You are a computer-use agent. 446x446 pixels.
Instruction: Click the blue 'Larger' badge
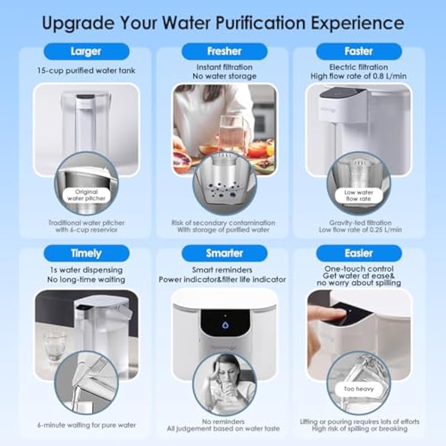[86, 51]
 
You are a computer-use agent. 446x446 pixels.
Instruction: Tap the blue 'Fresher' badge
[225, 51]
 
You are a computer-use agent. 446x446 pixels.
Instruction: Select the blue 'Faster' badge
[359, 51]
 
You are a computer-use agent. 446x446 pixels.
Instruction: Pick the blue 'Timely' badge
[86, 253]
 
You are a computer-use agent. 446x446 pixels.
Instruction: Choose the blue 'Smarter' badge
[225, 253]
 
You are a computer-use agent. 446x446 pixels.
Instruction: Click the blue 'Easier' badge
[359, 253]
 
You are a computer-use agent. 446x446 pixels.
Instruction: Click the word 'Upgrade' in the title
[78, 23]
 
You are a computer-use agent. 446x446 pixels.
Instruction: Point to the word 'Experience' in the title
[357, 23]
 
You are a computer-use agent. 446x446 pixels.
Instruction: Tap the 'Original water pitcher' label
[86, 195]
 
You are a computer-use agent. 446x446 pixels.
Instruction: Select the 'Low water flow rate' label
[358, 196]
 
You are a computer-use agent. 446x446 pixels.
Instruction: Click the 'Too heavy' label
[358, 389]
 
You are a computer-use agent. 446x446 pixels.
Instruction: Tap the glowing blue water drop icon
[225, 325]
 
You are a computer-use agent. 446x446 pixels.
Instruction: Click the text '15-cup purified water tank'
[86, 71]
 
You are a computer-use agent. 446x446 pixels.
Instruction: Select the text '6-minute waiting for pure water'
[87, 425]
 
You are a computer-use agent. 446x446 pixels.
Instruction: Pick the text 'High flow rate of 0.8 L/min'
[358, 76]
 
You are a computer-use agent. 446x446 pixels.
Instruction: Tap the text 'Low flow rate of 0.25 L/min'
[360, 230]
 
